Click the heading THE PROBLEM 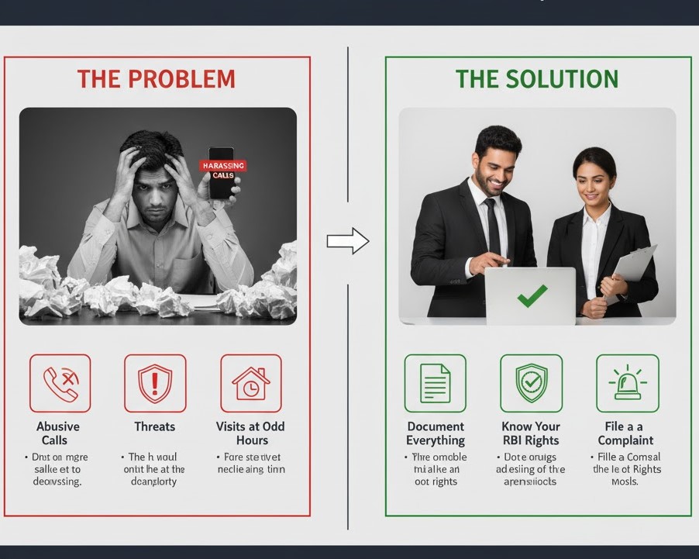(156, 79)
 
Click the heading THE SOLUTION (536, 79)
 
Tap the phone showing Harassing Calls (222, 173)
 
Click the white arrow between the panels (347, 241)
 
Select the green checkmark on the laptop (532, 295)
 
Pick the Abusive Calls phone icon (60, 383)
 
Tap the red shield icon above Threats (155, 383)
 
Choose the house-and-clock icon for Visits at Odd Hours (250, 383)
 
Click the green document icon (436, 383)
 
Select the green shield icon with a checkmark (531, 383)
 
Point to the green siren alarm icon (627, 383)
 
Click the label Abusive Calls (58, 433)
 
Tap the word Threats (155, 426)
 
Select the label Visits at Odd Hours (250, 433)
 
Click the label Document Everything (436, 433)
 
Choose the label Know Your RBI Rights (531, 433)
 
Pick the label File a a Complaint (625, 433)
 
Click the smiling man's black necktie (491, 224)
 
